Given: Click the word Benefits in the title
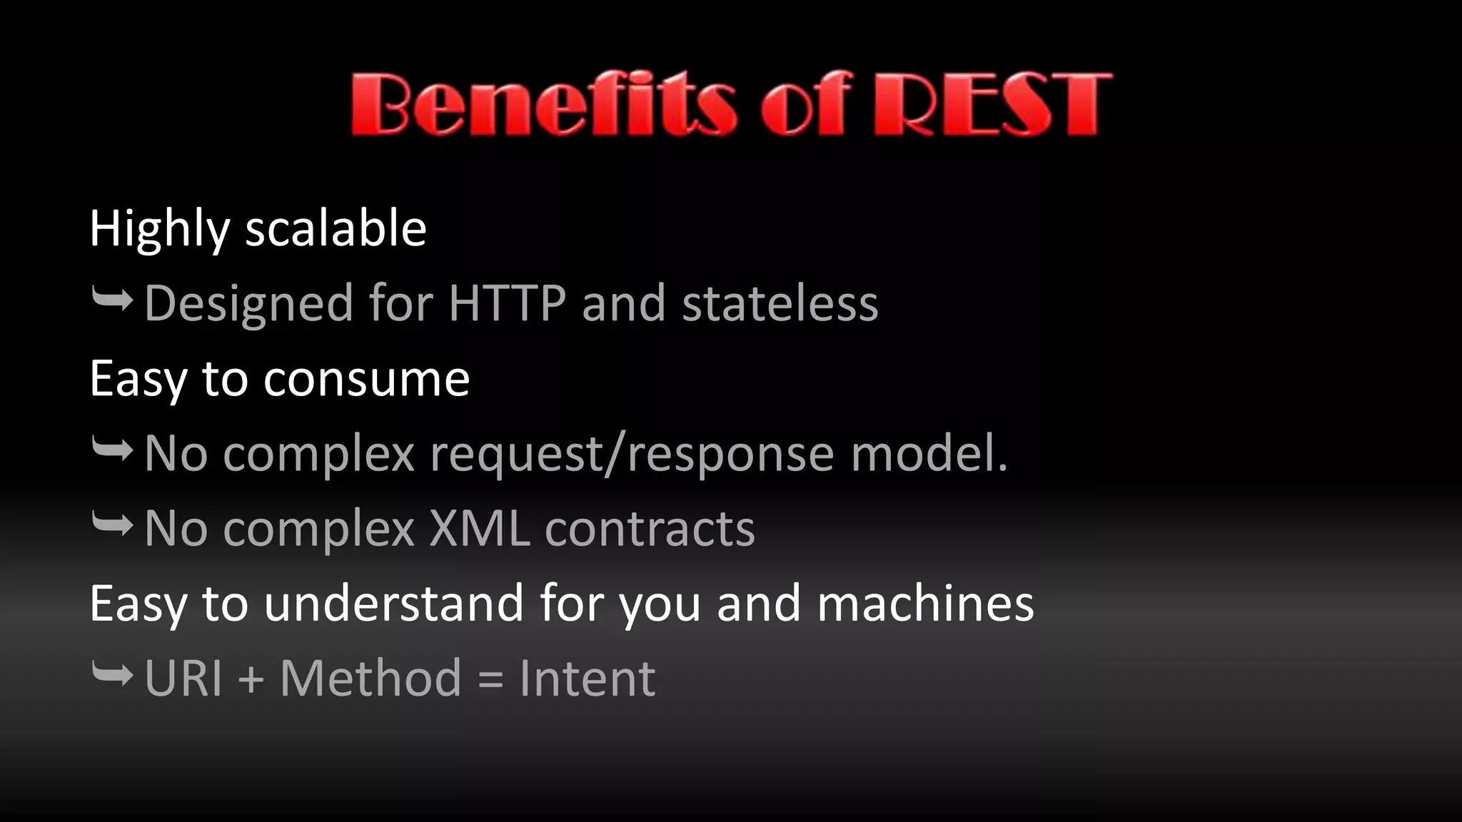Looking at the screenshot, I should [x=543, y=105].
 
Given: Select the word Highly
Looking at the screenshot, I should [x=159, y=230].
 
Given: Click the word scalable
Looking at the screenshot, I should [x=336, y=228].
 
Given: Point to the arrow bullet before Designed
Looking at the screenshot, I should [x=113, y=300].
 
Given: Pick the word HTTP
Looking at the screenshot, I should [x=507, y=303].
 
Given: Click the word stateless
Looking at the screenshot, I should [x=780, y=303].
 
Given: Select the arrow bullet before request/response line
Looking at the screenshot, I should [x=113, y=450].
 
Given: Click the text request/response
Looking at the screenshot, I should [x=631, y=455].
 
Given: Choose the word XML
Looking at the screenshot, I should [x=480, y=529].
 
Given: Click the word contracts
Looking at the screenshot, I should [x=650, y=529].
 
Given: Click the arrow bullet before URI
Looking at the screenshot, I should [x=113, y=674].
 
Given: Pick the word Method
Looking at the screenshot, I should [x=370, y=678].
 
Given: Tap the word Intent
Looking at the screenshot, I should [x=587, y=678].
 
